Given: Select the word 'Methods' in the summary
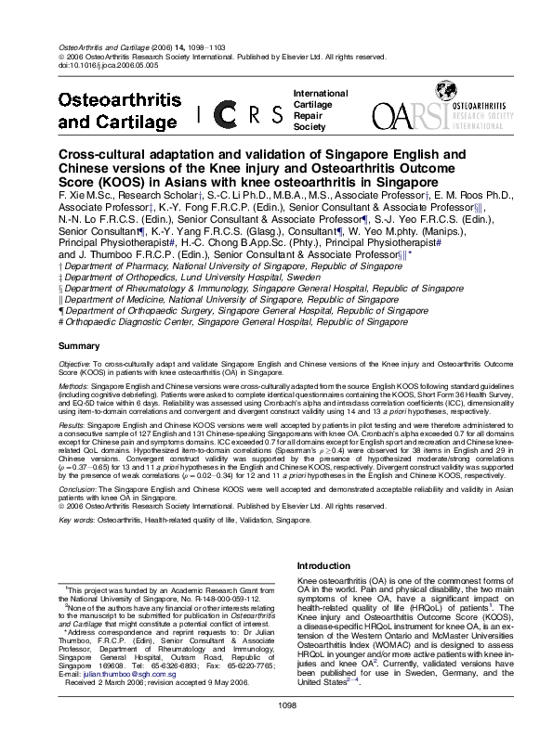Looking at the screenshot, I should click(x=74, y=390).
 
